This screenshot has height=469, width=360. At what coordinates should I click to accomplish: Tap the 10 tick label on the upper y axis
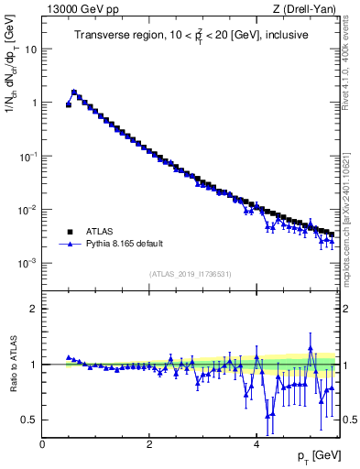pyautogui.click(x=30, y=49)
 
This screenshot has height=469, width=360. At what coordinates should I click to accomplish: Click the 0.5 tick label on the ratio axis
pyautogui.click(x=29, y=420)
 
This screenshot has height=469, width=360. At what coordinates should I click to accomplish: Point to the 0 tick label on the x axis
pyautogui.click(x=42, y=444)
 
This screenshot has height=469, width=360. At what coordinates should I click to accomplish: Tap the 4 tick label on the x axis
pyautogui.click(x=256, y=444)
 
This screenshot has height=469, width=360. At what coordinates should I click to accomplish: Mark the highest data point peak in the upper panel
pyautogui.click(x=74, y=92)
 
